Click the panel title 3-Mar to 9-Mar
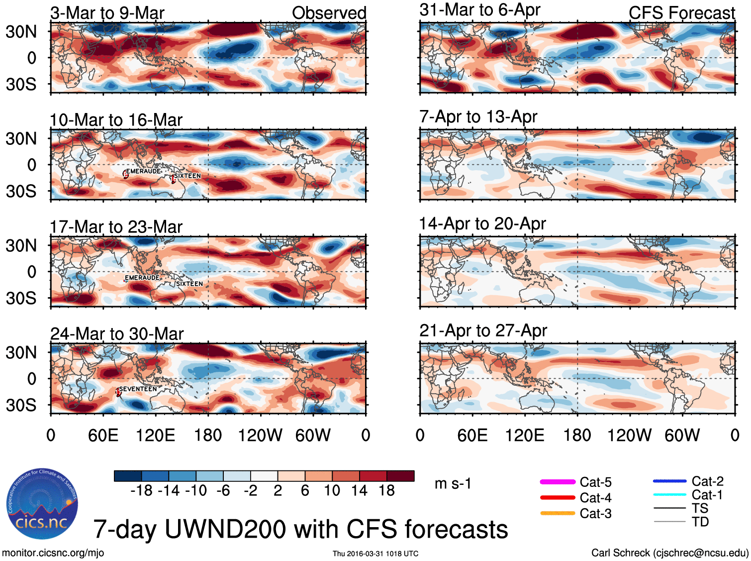click(107, 13)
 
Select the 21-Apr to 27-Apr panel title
click(483, 331)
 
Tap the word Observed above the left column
click(329, 13)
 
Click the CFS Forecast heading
click(681, 13)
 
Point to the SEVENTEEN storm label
click(138, 389)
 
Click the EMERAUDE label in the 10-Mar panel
click(143, 171)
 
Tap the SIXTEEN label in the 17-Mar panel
click(189, 284)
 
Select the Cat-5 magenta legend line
click(558, 482)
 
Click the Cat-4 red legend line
click(558, 497)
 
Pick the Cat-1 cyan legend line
click(669, 495)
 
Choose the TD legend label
click(700, 522)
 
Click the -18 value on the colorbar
click(141, 491)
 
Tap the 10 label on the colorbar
click(332, 491)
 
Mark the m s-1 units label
click(453, 484)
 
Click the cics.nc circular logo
click(42, 504)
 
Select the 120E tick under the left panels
click(155, 436)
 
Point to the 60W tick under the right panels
click(682, 436)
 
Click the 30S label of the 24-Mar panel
click(21, 405)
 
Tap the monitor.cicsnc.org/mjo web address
click(53, 553)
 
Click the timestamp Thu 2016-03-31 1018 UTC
click(375, 554)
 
